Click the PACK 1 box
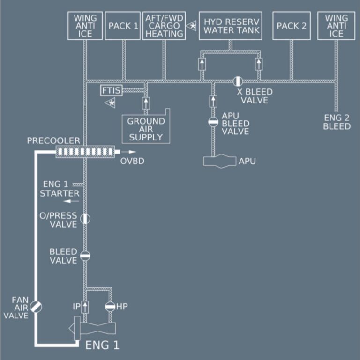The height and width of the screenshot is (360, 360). [123, 26]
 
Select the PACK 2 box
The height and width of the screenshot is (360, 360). [291, 26]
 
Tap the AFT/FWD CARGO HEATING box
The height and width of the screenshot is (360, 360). [164, 26]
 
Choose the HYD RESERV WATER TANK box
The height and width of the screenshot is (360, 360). [230, 26]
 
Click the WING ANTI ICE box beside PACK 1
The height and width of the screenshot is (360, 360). [85, 26]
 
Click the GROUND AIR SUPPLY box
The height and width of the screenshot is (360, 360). [146, 128]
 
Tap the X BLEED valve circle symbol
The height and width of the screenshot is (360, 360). [238, 81]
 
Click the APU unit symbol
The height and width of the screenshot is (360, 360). [219, 161]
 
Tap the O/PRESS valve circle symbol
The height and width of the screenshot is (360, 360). [85, 218]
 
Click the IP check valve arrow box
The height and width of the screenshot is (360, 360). [85, 307]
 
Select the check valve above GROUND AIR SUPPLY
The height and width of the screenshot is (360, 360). [145, 102]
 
